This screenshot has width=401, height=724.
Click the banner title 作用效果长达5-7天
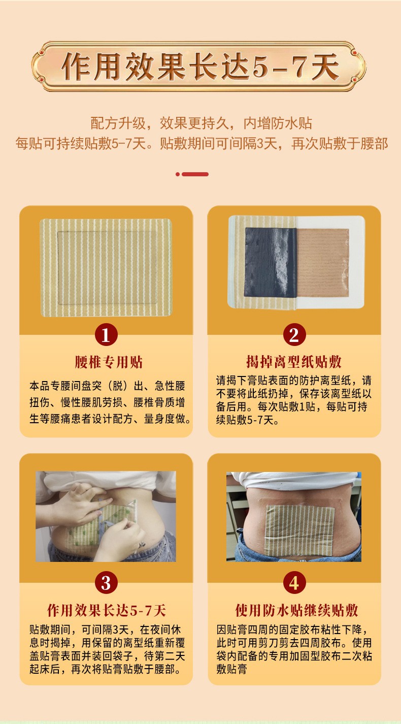click(x=201, y=67)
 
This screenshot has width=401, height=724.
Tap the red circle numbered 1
click(x=106, y=335)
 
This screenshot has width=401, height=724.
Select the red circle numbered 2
click(x=294, y=335)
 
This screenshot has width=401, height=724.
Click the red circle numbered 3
click(x=106, y=582)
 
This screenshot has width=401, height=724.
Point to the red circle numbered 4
click(x=294, y=582)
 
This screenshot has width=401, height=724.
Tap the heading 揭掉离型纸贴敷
click(x=294, y=362)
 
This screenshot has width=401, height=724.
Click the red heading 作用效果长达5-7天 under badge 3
click(x=107, y=610)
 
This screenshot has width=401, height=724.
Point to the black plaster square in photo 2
click(x=271, y=262)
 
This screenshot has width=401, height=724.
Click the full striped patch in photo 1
click(x=106, y=267)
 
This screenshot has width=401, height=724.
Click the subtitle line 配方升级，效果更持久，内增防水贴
click(x=201, y=123)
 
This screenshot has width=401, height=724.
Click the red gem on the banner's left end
click(x=40, y=67)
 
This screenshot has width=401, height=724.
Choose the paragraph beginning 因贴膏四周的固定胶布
click(x=294, y=649)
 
